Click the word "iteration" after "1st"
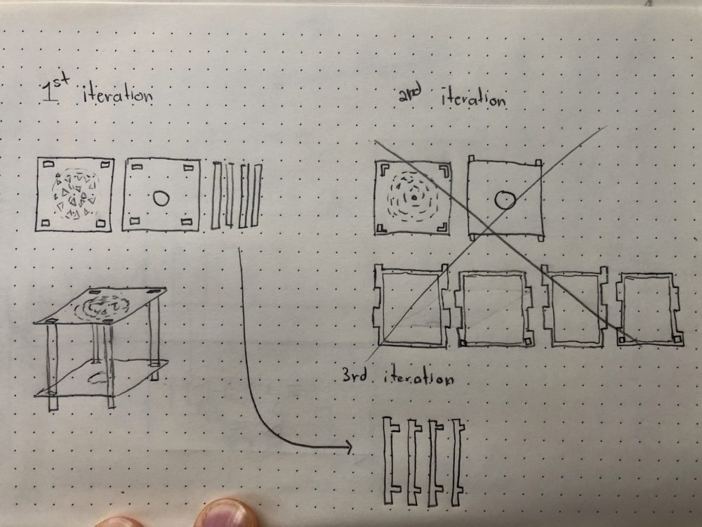point(118,94)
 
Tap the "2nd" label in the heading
point(410,95)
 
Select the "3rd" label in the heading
point(355,375)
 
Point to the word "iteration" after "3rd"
point(418,377)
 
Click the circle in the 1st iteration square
point(161,198)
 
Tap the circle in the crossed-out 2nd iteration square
point(505,200)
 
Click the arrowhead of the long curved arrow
point(348,446)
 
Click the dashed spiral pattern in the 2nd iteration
point(413,197)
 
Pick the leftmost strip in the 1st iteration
point(217,196)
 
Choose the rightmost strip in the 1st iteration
point(256,196)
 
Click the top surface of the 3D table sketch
point(100,306)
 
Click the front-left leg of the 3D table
point(53,367)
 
